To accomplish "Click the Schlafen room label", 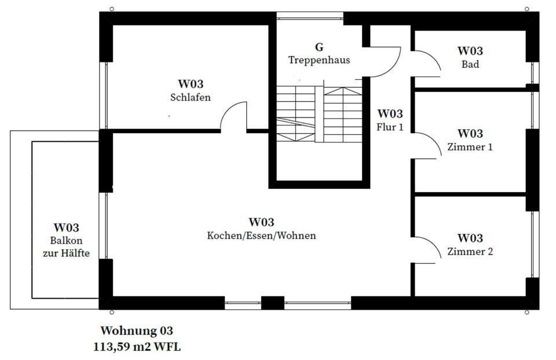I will tap(191, 97).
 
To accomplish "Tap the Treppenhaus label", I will tap(319, 60).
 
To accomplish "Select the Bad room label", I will tap(470, 64).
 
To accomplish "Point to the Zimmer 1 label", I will tap(470, 147).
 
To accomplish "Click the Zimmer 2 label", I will tap(470, 251).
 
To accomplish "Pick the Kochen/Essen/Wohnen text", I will tap(261, 236).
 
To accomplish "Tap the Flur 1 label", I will tap(389, 126).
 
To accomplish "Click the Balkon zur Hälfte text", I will tap(66, 247).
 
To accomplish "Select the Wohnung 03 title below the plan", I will tap(137, 331).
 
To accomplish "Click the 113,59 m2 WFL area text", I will tap(137, 347).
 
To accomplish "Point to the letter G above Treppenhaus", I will tap(319, 47).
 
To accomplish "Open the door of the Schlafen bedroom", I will tap(233, 117).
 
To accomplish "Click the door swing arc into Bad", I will tap(429, 61).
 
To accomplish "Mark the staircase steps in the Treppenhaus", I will tap(320, 113).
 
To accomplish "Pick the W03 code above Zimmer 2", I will tap(470, 238).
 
